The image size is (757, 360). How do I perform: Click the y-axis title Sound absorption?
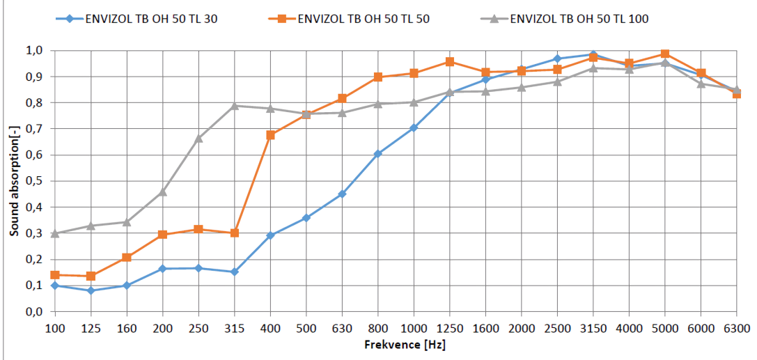(x=14, y=180)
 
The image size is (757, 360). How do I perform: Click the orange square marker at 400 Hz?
(x=270, y=135)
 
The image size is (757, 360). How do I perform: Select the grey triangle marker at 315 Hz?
(x=235, y=106)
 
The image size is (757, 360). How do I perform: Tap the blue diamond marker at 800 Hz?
(x=378, y=154)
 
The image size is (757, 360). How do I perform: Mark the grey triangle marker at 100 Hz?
(x=55, y=233)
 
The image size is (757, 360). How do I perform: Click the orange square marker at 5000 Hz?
(x=665, y=54)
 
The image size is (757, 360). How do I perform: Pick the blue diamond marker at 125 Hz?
(x=91, y=290)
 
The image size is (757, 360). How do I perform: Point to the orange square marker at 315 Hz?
(x=235, y=233)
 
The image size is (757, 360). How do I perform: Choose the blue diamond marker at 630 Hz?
(x=342, y=194)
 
